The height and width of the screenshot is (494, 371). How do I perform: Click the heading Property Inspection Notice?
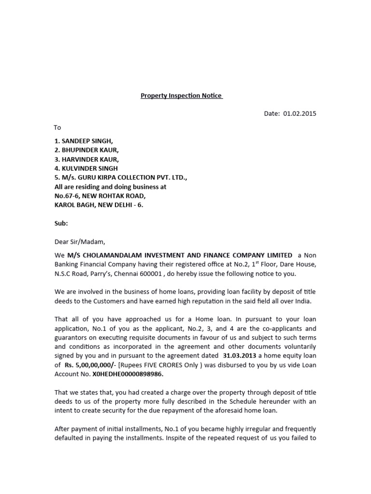click(182, 96)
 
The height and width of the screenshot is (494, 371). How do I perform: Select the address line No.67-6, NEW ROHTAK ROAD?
click(100, 196)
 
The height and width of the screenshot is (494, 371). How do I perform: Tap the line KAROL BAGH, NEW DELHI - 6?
click(99, 205)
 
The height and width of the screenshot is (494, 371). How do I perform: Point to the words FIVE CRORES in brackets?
click(176, 365)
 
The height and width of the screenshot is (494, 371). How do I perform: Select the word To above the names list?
click(57, 127)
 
